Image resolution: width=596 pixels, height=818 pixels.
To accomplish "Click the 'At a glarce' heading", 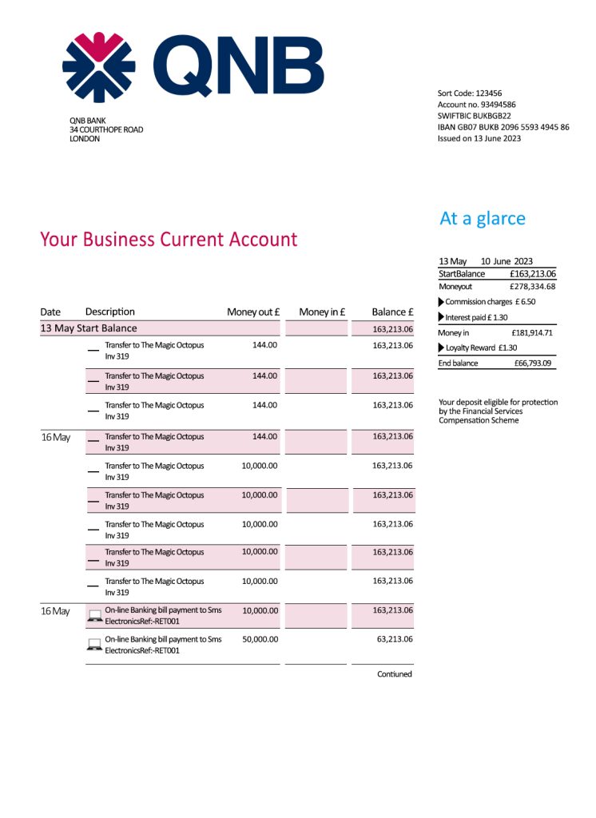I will point(483,219).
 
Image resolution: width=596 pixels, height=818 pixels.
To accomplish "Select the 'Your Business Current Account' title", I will point(169,240).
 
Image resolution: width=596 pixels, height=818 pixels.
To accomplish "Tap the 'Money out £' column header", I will point(252,312).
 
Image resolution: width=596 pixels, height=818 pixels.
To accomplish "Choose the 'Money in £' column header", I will point(321,312).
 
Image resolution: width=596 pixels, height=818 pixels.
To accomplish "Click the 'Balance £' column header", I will point(392,312).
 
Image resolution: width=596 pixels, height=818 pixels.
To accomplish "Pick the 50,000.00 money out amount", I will point(260,639).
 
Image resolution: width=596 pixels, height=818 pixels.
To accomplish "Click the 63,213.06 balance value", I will point(392,639).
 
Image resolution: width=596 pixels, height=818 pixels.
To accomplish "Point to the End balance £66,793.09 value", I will point(533,363).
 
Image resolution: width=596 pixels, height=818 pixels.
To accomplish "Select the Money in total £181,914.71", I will point(532,332).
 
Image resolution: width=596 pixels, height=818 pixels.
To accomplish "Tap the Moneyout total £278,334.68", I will point(532,286).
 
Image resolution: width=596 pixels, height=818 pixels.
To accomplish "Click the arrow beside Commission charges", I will point(442,302).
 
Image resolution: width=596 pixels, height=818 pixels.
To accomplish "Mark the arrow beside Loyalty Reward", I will point(442,347).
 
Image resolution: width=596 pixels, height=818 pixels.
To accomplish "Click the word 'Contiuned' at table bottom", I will point(395,674).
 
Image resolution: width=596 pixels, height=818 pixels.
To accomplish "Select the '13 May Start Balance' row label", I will point(89,328).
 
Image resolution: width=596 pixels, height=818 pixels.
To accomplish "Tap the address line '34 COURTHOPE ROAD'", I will point(106,129).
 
